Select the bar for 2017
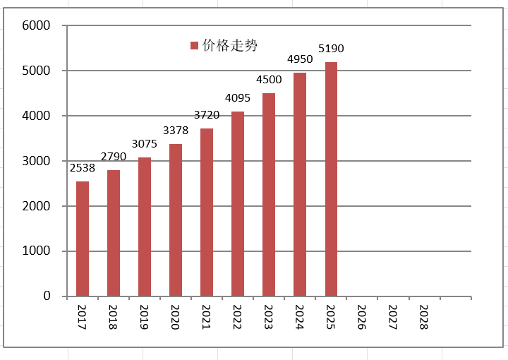pos(83,239)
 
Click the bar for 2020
pos(176,220)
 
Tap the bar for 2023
pos(269,195)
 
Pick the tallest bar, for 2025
pos(331,179)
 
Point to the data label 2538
pos(83,168)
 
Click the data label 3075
pos(145,144)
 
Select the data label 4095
pos(238,98)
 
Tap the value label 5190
pos(331,49)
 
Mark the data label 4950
pos(300,59)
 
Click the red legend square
pos(194,45)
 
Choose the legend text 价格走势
pos(230,45)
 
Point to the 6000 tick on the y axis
pos(36,25)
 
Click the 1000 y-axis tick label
pos(36,251)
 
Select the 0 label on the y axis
pos(47,296)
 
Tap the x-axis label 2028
pos(424,317)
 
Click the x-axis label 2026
pos(361,317)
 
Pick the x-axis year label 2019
pos(144,317)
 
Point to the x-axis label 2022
pos(237,317)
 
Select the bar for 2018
pos(114,234)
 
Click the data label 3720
pos(207,115)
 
